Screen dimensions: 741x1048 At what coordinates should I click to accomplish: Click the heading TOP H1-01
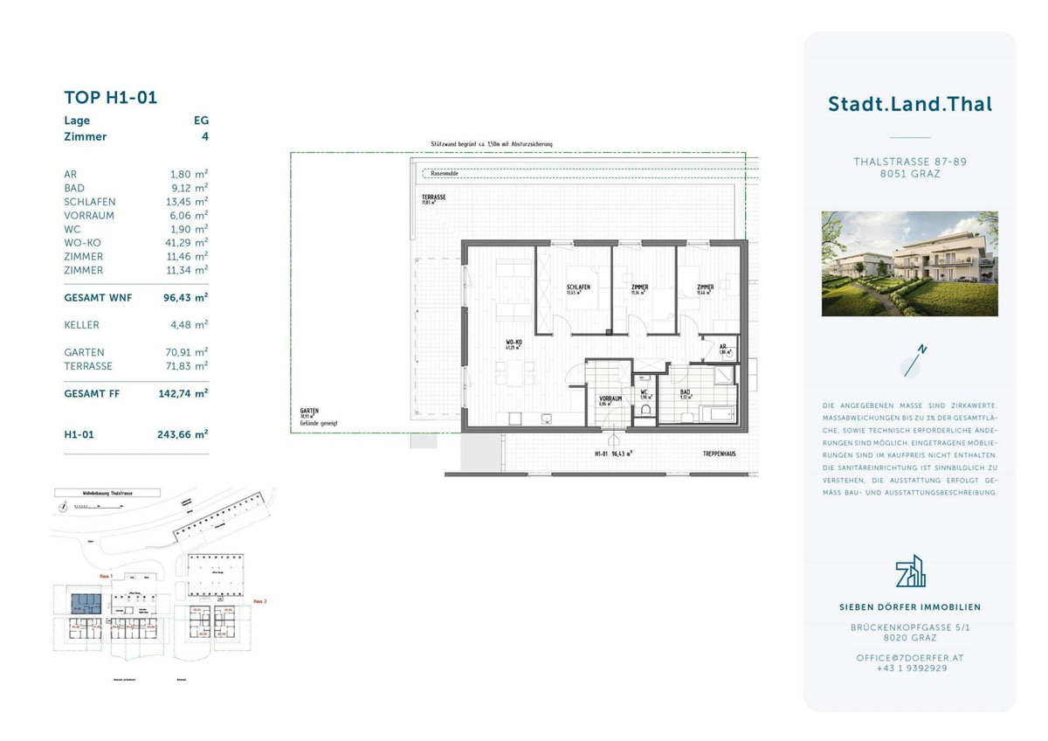click(111, 97)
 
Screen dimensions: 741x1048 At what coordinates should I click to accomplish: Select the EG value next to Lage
click(201, 121)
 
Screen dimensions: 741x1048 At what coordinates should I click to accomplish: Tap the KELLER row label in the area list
click(82, 325)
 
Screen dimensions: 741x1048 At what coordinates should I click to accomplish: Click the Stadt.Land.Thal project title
click(909, 104)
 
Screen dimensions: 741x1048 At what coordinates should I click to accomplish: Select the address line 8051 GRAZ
click(909, 174)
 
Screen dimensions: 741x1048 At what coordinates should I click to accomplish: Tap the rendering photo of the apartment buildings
click(909, 263)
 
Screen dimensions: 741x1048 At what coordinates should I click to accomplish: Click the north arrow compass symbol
click(914, 361)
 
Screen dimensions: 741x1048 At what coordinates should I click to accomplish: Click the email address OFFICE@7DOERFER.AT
click(909, 657)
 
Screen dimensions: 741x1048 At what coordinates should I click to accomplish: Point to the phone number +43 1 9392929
click(909, 668)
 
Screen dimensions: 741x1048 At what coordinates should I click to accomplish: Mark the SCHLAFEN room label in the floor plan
click(578, 287)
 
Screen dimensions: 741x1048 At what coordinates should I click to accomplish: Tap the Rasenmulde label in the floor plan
click(438, 174)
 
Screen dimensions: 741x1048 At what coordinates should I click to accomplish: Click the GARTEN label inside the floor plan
click(309, 410)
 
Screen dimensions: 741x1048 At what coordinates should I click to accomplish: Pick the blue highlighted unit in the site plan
click(86, 602)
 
